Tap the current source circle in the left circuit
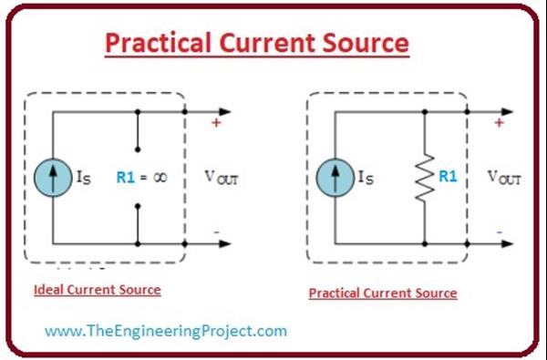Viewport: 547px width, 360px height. coord(54,179)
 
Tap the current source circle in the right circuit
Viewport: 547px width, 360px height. coord(335,179)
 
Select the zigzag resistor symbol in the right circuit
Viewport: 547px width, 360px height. coord(426,179)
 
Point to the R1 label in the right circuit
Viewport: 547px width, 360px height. coord(448,177)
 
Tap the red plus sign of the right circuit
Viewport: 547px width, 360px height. coord(498,121)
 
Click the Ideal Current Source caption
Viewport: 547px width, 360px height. coord(97,290)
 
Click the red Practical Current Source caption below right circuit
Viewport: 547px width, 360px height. coord(383,293)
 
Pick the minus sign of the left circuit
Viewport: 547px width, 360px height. coord(216,232)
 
